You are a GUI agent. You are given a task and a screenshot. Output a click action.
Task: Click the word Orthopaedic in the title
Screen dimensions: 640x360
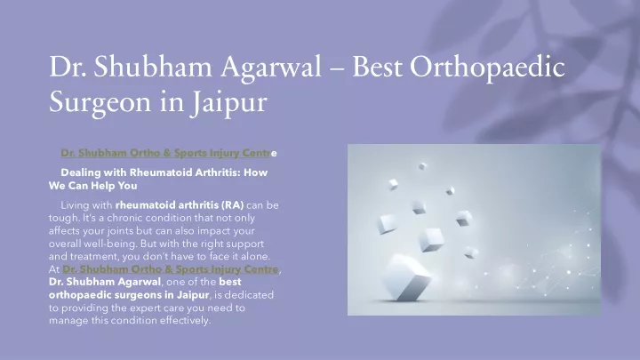(x=487, y=68)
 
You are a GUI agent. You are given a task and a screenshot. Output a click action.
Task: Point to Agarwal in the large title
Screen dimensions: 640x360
(x=271, y=68)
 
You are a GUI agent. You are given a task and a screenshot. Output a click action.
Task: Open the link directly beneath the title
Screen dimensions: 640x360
(x=169, y=153)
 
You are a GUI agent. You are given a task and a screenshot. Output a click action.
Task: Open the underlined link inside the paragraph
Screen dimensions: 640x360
(x=171, y=269)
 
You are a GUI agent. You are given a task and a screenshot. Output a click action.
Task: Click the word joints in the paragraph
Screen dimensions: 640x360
(x=120, y=231)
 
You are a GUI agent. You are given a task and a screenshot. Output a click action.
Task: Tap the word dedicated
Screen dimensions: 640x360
(x=249, y=295)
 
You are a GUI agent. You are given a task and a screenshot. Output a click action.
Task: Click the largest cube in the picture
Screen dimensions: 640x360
(x=406, y=277)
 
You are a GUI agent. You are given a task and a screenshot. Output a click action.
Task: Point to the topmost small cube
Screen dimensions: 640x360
(x=422, y=166)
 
